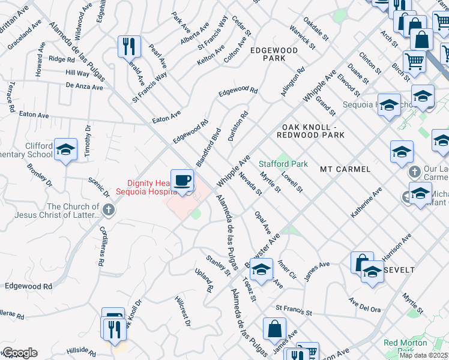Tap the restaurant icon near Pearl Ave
(129, 46)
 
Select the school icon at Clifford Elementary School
(65, 149)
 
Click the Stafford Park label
(283, 164)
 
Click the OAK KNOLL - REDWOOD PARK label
(310, 131)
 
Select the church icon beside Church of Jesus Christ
(107, 209)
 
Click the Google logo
(19, 353)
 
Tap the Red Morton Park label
(399, 346)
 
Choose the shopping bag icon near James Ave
(274, 329)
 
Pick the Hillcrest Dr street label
(182, 311)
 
